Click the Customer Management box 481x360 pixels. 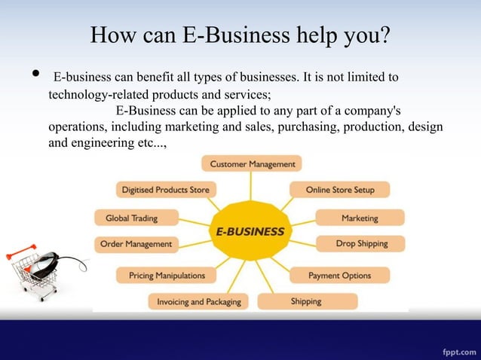252,163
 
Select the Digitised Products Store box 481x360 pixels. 165,190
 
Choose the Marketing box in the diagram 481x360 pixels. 360,218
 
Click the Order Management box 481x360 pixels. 136,244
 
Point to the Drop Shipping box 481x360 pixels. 360,243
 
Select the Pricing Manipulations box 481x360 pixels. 166,276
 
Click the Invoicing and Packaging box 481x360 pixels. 198,301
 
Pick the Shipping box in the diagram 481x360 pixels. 307,301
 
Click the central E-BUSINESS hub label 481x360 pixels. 250,231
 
